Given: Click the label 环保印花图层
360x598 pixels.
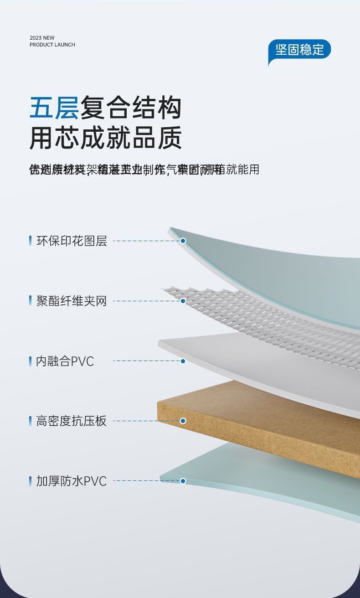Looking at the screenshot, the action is coord(72,241).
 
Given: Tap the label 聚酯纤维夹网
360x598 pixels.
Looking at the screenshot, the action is coord(72,301).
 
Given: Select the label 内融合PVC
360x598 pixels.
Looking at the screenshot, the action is coord(65,361).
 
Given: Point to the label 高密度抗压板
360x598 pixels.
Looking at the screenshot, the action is coord(72,421).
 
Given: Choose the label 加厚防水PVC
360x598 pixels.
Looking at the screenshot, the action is coord(72,481).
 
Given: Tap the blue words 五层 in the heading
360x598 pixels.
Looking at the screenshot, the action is coord(54,108).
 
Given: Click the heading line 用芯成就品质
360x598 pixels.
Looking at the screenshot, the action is coord(106,138).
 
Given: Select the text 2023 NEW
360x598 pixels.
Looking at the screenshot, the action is coord(42,38).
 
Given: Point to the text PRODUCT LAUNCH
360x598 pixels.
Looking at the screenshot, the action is coord(52,45).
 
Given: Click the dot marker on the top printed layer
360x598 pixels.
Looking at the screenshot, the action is coord(183,241).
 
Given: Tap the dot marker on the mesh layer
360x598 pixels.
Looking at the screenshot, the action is coord(183,301).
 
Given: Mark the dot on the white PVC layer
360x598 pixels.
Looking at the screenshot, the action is coord(183,361).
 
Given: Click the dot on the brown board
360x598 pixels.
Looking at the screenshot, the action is coord(183,421).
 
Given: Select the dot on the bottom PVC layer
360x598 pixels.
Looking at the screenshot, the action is coord(183,481).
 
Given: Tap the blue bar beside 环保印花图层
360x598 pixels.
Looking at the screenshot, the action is coord(30,241).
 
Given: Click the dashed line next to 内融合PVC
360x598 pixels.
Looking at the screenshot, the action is coord(146,361).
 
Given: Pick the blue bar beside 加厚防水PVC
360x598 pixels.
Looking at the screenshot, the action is coord(30,481).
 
